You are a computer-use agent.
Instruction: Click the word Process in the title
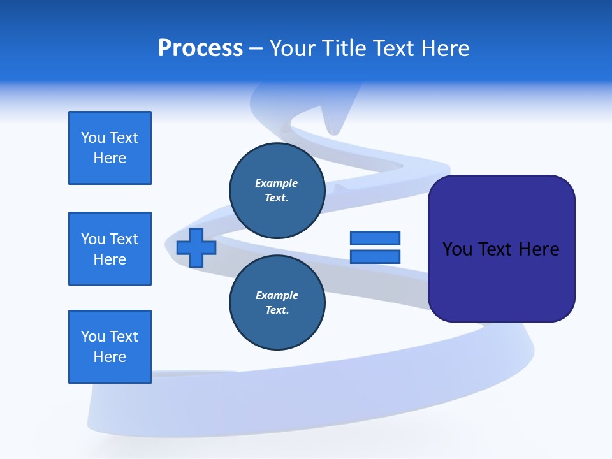tap(200, 48)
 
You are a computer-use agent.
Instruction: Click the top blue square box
tap(110, 148)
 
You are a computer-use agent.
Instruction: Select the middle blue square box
tap(110, 249)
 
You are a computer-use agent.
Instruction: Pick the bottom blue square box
tap(110, 347)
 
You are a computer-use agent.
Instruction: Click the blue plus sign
tap(196, 247)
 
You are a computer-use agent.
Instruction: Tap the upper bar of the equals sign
tap(375, 238)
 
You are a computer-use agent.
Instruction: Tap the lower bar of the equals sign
tap(375, 257)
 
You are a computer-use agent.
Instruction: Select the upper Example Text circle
tap(277, 190)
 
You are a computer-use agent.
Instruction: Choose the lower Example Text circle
tap(277, 302)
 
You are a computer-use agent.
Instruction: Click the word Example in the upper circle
tap(277, 183)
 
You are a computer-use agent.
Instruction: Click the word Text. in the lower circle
tap(277, 310)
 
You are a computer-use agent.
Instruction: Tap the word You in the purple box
tap(457, 249)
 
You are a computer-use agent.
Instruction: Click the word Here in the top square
tap(110, 158)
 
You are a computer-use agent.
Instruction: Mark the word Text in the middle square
tap(123, 239)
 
